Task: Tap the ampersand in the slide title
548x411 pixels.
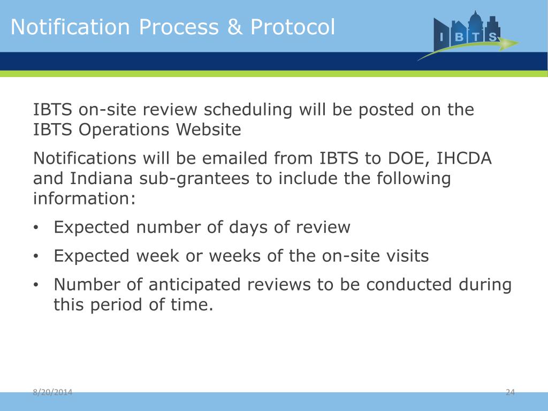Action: (x=234, y=27)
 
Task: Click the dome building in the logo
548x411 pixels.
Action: (x=475, y=21)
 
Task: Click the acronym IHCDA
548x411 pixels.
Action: (x=465, y=158)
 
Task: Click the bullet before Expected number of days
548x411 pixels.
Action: (x=36, y=228)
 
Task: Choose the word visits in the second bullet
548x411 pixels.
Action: (x=405, y=256)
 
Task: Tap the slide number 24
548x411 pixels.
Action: (x=509, y=393)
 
